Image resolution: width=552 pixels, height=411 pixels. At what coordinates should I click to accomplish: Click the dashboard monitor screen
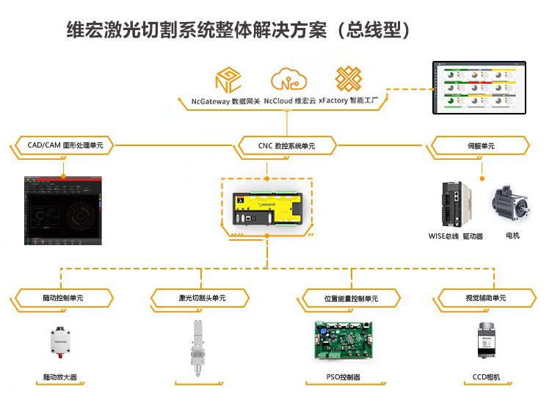[481, 89]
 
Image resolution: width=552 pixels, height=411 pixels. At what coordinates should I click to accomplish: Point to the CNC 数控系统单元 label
[286, 146]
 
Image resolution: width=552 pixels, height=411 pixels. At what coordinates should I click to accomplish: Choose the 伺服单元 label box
[481, 146]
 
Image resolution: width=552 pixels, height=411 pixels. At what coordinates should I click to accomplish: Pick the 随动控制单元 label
[62, 298]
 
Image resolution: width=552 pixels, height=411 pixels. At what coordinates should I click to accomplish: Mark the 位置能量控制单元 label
[351, 299]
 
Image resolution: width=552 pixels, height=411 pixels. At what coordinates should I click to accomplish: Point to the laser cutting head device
[197, 349]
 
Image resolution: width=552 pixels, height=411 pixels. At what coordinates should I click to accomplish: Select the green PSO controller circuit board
[343, 341]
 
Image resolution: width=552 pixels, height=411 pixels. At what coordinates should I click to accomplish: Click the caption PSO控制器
[343, 378]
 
